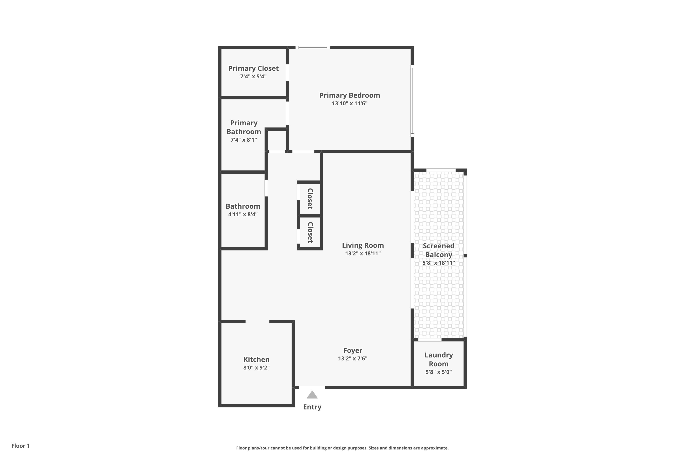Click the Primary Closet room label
pyautogui.click(x=253, y=69)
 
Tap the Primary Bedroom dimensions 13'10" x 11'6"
pyautogui.click(x=350, y=104)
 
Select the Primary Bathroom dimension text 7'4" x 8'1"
pyautogui.click(x=244, y=140)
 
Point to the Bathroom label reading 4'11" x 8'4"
pyautogui.click(x=243, y=215)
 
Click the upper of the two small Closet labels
pyautogui.click(x=310, y=199)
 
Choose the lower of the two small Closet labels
pyautogui.click(x=310, y=233)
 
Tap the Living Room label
pyautogui.click(x=363, y=245)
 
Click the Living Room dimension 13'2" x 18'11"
pyautogui.click(x=363, y=254)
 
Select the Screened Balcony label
pyautogui.click(x=439, y=250)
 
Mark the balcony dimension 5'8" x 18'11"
pyautogui.click(x=439, y=263)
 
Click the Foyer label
pyautogui.click(x=353, y=351)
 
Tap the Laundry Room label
pyautogui.click(x=439, y=359)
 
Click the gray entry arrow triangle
pyautogui.click(x=312, y=395)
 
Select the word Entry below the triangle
pyautogui.click(x=312, y=407)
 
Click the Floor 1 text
pyautogui.click(x=21, y=446)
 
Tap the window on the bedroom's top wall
pyautogui.click(x=313, y=47)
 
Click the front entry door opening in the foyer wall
pyautogui.click(x=312, y=388)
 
